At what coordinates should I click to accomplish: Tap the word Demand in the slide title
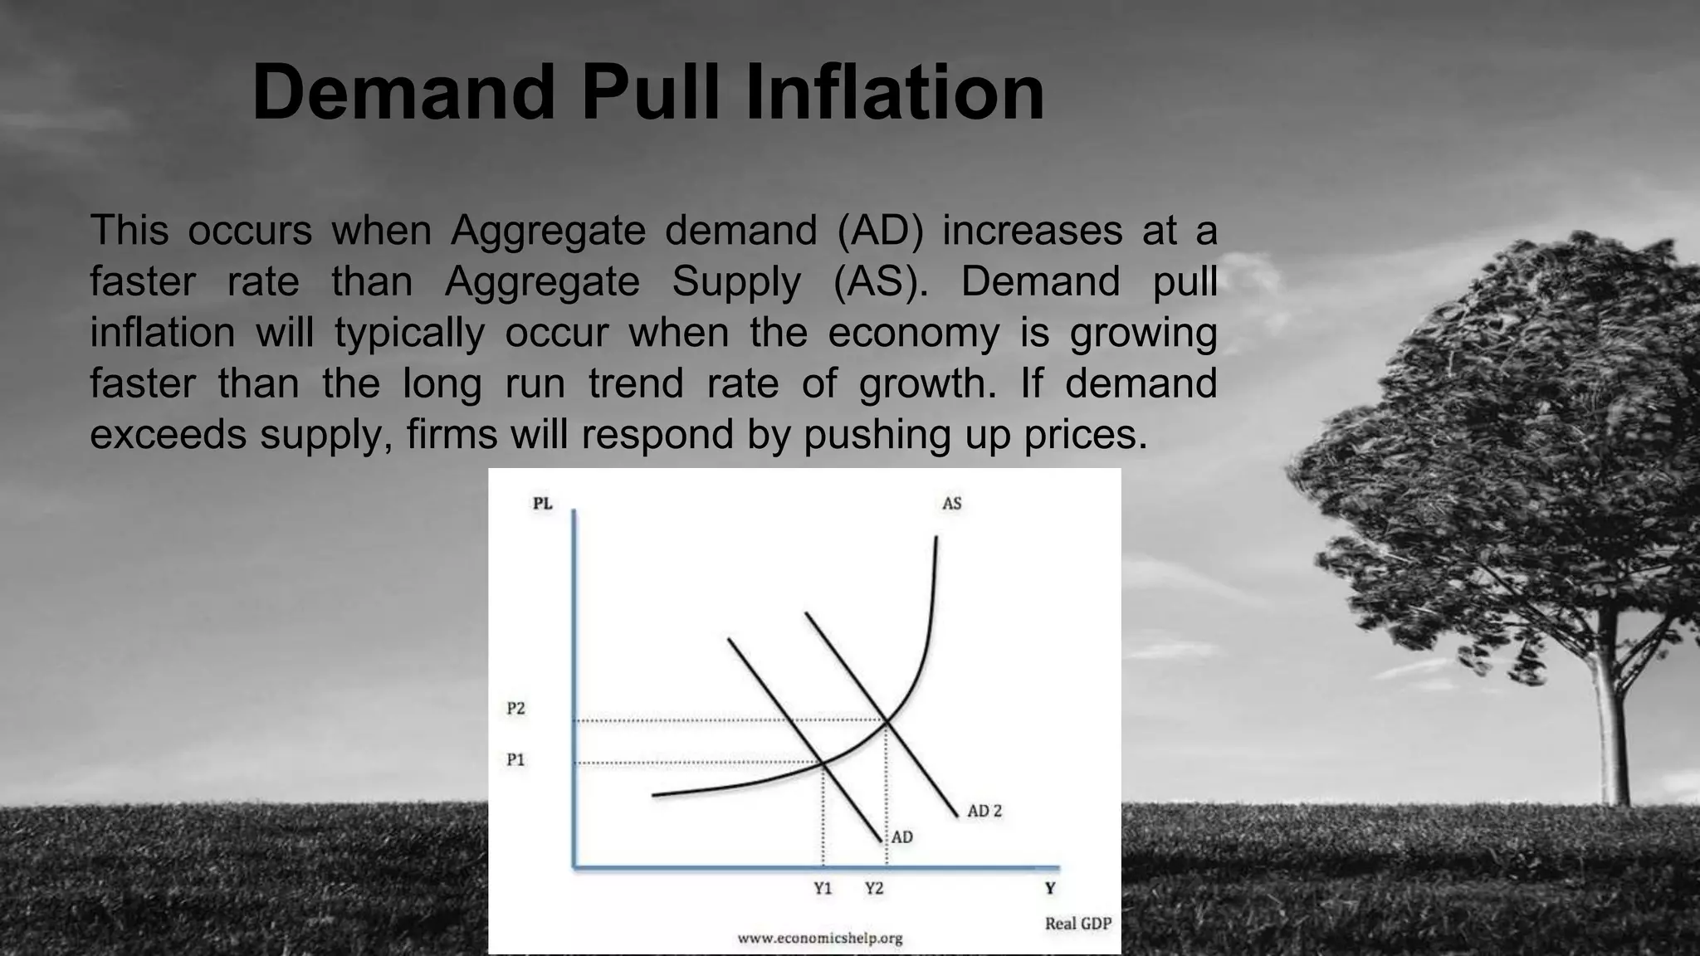point(403,92)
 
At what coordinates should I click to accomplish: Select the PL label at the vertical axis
point(542,504)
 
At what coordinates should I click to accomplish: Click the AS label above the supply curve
point(951,504)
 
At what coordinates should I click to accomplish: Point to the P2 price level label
point(515,709)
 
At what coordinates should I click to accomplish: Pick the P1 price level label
point(515,760)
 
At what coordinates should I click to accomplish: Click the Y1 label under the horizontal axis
point(823,889)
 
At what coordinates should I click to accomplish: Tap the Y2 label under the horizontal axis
point(874,889)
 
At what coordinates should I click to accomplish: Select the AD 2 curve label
point(984,811)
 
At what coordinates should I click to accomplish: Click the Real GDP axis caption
point(1077,924)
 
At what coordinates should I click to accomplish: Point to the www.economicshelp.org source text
point(819,939)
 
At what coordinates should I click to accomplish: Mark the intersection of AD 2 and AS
point(887,721)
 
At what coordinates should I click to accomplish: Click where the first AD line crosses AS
point(823,762)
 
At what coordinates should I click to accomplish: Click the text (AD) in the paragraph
point(879,230)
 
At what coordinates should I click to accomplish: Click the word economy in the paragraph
point(914,333)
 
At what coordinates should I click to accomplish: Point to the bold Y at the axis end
point(1050,889)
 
